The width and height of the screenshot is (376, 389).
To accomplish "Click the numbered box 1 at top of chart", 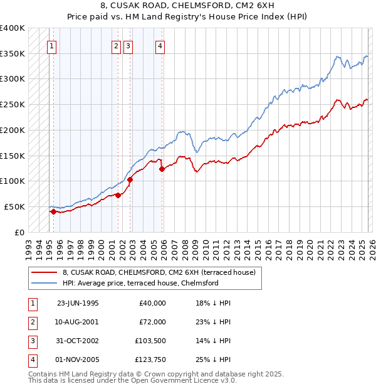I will tap(51, 45).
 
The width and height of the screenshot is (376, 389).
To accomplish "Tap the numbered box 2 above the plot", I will tap(117, 45).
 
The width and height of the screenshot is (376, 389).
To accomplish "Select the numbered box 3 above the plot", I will tap(128, 45).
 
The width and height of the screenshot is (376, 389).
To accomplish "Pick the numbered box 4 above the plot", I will tap(160, 45).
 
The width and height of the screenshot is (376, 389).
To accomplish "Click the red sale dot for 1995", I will tap(53, 211).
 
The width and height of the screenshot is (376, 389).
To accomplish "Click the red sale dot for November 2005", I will tap(162, 169).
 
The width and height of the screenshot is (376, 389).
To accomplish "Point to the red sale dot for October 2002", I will tap(130, 179).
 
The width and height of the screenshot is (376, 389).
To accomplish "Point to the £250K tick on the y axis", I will tap(12, 104).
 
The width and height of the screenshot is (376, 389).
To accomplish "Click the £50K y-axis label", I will tap(14, 206).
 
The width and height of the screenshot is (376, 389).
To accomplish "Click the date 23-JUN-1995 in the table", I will tap(78, 303).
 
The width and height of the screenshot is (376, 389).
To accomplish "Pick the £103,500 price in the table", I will tap(150, 341).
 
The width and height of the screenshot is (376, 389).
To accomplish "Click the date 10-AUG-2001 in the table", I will tap(78, 322).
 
